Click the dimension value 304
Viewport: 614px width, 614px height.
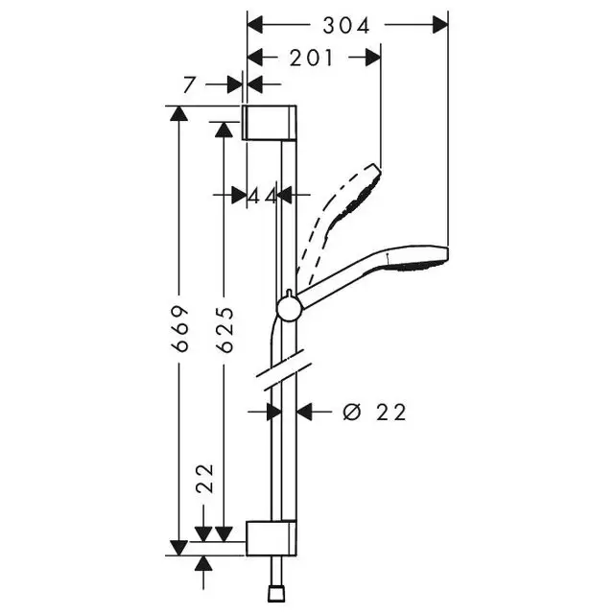pyautogui.click(x=347, y=25)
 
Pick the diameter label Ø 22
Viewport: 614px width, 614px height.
pyautogui.click(x=375, y=413)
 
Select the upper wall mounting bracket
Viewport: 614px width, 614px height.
pyautogui.click(x=272, y=123)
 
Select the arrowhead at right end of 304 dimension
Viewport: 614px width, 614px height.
pyautogui.click(x=440, y=25)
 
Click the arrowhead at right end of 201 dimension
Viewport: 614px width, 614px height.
pyautogui.click(x=374, y=58)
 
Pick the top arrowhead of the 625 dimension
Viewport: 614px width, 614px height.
pyautogui.click(x=224, y=129)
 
